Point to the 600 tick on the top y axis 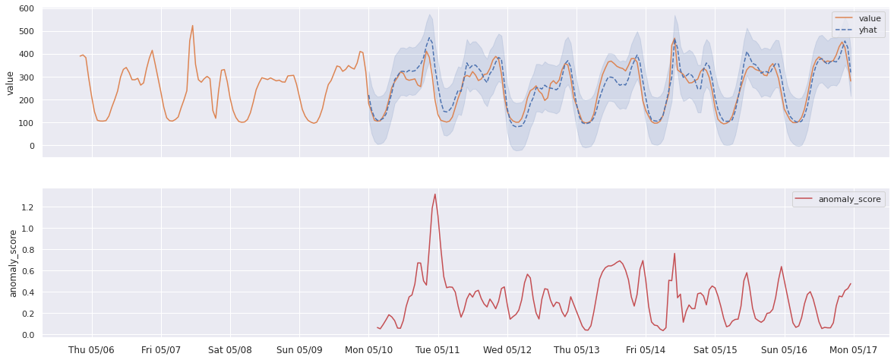pyautogui.click(x=25, y=8)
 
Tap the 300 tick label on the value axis pyautogui.click(x=25, y=77)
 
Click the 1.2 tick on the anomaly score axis pyautogui.click(x=27, y=207)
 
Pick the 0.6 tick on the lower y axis pyautogui.click(x=27, y=271)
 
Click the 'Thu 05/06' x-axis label pyautogui.click(x=92, y=350)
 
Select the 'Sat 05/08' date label pyautogui.click(x=230, y=350)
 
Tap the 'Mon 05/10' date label pyautogui.click(x=368, y=350)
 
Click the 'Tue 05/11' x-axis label pyautogui.click(x=438, y=350)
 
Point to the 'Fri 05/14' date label pyautogui.click(x=646, y=350)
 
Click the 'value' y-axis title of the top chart pyautogui.click(x=10, y=83)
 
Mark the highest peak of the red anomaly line pyautogui.click(x=434, y=194)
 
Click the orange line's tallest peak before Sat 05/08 pyautogui.click(x=192, y=26)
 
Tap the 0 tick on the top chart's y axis pyautogui.click(x=31, y=146)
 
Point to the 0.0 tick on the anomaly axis pyautogui.click(x=27, y=335)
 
